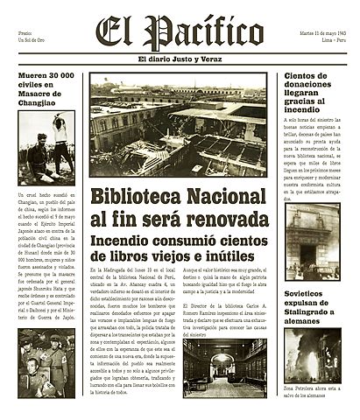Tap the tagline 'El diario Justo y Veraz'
tap(180, 59)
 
